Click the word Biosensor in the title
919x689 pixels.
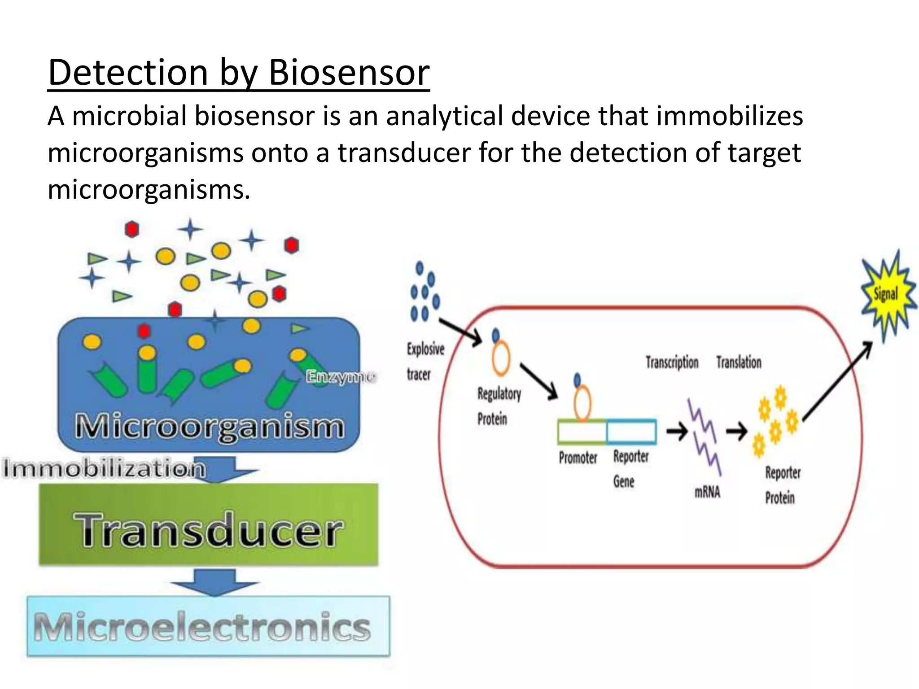[349, 73]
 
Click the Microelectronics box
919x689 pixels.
[209, 627]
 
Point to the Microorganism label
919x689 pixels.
[210, 427]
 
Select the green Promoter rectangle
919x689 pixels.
[582, 432]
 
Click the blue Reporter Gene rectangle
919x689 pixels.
[631, 432]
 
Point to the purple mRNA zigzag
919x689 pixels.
[705, 437]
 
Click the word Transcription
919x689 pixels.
[672, 362]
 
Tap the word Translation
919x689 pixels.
[739, 362]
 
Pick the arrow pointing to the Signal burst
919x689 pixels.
[837, 381]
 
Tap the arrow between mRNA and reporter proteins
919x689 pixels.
[736, 432]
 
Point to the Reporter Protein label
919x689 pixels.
[782, 485]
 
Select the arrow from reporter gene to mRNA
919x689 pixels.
[677, 432]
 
